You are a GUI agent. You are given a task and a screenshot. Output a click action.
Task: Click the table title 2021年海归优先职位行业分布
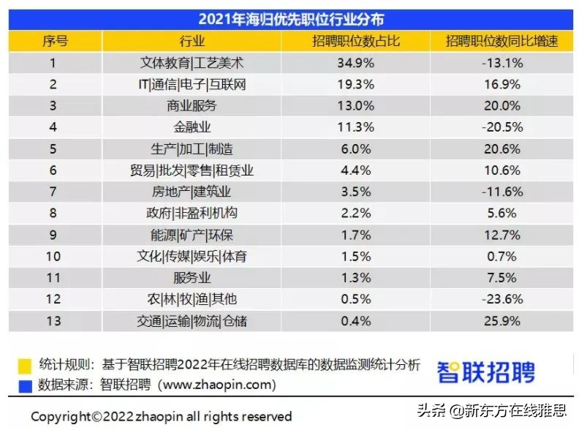(x=290, y=19)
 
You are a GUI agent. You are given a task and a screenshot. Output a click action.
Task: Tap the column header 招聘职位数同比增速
(x=502, y=42)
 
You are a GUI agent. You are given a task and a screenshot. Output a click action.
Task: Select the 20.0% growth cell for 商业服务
(x=502, y=106)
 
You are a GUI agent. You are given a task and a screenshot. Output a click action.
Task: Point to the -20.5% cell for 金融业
(x=502, y=127)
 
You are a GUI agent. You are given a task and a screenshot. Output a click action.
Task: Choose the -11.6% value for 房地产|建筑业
(x=502, y=192)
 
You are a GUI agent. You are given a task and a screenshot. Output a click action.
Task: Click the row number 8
(x=53, y=214)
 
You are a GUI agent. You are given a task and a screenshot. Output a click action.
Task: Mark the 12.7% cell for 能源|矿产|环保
(x=502, y=235)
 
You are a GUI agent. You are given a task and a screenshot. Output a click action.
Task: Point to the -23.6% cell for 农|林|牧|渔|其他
(x=502, y=300)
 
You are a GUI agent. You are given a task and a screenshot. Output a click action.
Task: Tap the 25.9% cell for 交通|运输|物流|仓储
(x=502, y=321)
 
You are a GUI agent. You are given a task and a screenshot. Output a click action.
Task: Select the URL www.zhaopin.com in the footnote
(x=216, y=384)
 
